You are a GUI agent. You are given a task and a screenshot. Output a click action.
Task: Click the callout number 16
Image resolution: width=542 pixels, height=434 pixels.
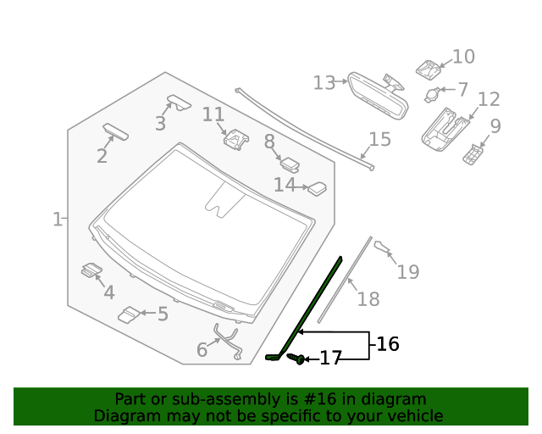(x=387, y=344)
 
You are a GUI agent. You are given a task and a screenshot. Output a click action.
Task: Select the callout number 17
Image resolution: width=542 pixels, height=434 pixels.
(x=330, y=359)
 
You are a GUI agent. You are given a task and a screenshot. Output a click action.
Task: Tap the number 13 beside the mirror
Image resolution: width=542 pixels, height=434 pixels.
(x=324, y=82)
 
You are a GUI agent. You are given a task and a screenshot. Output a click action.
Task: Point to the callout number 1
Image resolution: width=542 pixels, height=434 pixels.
(x=57, y=220)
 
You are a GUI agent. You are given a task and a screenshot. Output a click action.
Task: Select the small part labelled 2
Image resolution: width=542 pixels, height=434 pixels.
(x=115, y=131)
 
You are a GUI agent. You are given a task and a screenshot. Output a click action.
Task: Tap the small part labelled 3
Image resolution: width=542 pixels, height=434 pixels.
(x=180, y=102)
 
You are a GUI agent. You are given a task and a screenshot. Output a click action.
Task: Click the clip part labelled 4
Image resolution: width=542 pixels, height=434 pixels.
(x=91, y=270)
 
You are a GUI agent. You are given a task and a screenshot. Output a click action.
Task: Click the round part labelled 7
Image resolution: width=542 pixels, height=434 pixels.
(x=433, y=93)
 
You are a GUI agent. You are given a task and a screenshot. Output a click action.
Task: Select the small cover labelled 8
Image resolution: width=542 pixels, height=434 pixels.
(x=290, y=164)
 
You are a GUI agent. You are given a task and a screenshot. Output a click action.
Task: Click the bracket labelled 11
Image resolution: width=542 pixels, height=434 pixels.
(x=235, y=138)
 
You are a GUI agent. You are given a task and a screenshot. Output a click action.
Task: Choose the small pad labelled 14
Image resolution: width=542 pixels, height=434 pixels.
(x=318, y=188)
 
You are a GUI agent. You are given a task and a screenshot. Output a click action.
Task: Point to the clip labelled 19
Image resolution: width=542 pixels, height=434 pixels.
(x=383, y=247)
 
